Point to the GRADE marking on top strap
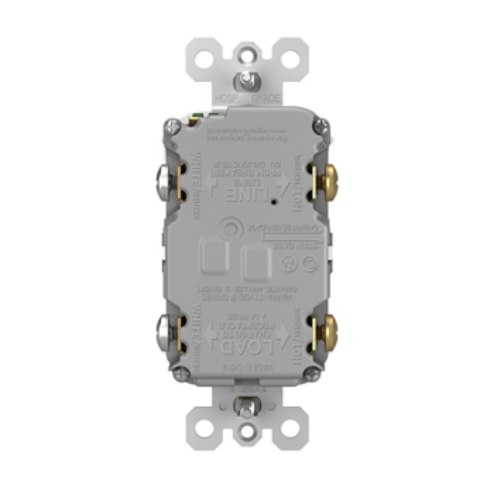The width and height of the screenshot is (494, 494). [266, 97]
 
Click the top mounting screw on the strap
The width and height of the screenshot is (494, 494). [247, 78]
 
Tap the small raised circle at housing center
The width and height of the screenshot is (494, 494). [230, 229]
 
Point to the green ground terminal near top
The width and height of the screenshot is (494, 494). [194, 119]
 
